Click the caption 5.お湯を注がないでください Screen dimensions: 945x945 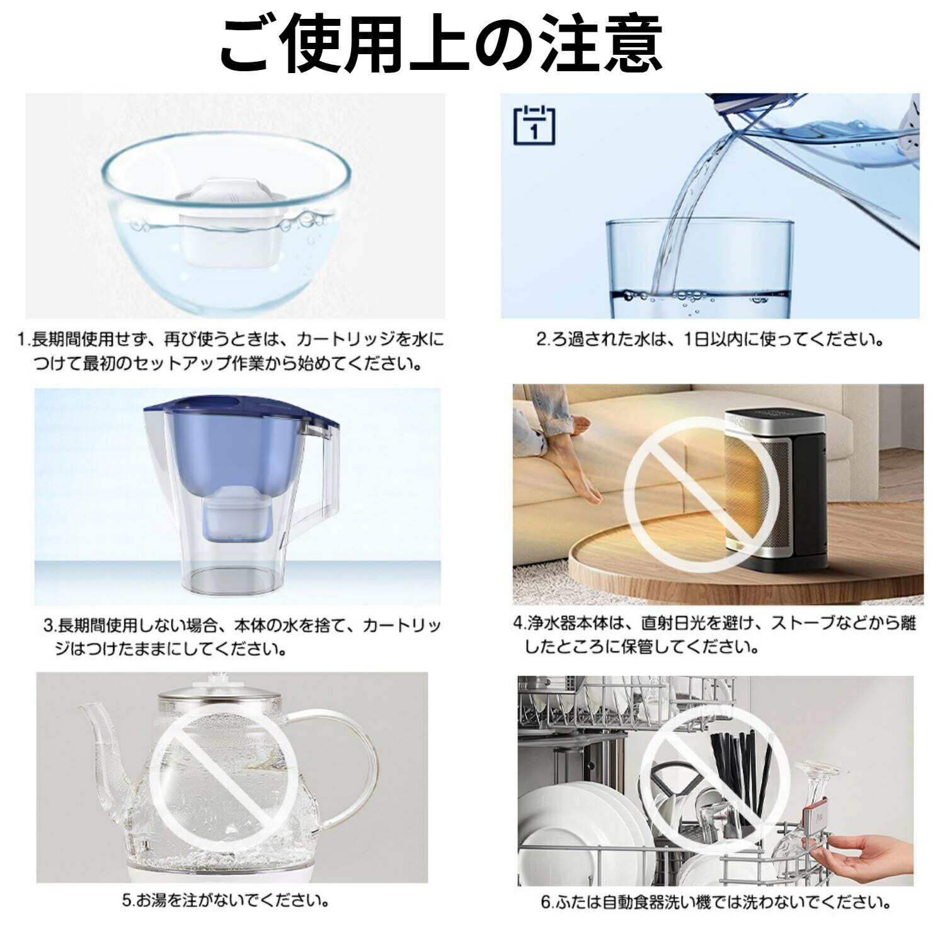click(x=226, y=900)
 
